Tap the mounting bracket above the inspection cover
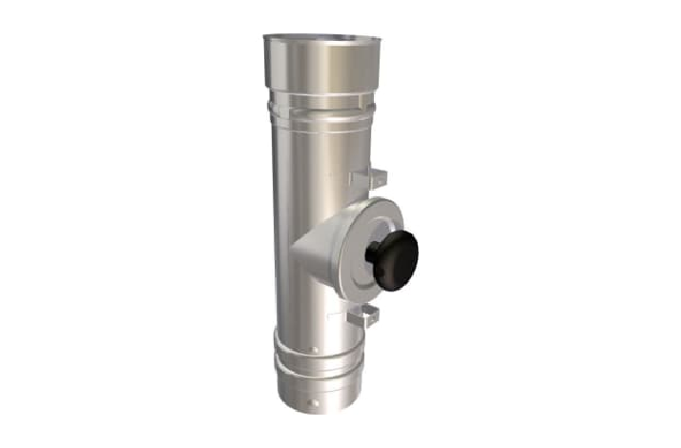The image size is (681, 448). pos(368,178)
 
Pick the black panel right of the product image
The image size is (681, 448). pos(606,224)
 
